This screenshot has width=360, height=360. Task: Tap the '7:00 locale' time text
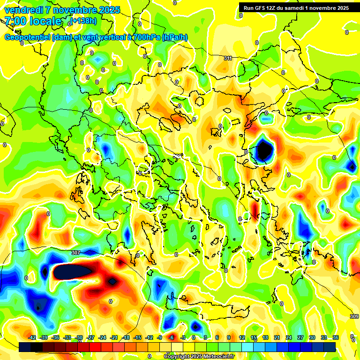pos(33,21)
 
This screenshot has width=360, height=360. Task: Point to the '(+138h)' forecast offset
pos(84,21)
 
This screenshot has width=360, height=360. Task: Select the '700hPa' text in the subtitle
pos(147,37)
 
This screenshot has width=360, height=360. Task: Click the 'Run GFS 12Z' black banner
pos(296,7)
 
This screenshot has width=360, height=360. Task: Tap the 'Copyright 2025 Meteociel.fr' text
pos(200,356)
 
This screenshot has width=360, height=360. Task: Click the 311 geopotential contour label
pos(228,58)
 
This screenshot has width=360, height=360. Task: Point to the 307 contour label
pos(76,253)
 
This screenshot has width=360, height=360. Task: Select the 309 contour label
pos(354,317)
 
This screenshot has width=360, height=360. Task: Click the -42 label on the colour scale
pos(32,337)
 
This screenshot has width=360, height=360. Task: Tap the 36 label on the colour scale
pos(336,337)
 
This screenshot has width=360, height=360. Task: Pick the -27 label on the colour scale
pos(91,337)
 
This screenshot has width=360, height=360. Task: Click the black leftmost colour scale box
pos(25,347)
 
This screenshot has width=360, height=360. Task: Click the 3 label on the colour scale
pos(205,337)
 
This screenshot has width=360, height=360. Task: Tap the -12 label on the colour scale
pos(149,337)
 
